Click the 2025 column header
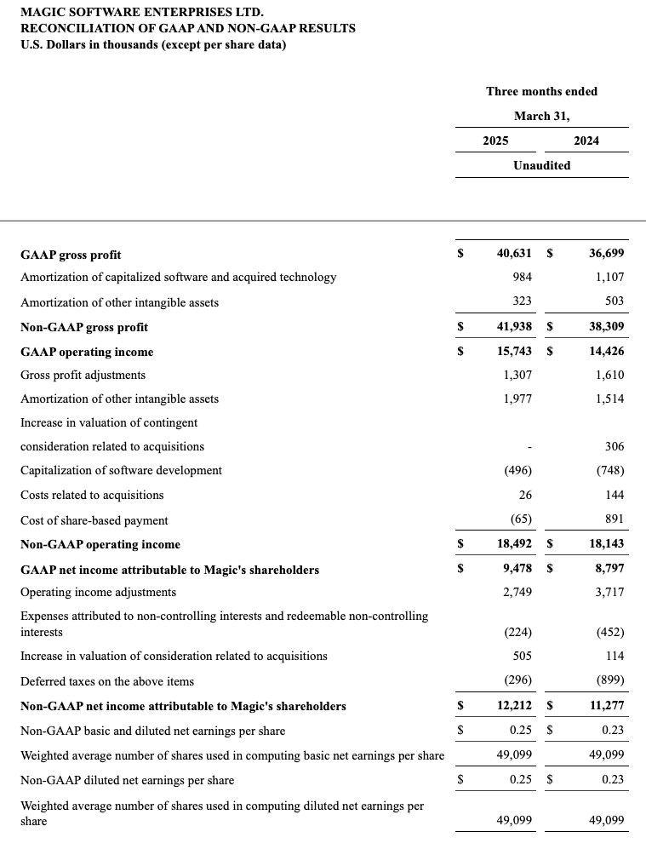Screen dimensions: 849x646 [495, 141]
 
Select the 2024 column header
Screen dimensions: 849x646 [586, 141]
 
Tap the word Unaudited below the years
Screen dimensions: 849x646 [541, 165]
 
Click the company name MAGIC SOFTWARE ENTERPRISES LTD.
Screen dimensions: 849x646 [142, 13]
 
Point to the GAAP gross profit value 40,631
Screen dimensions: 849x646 [514, 254]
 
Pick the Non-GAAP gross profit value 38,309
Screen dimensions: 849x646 [606, 326]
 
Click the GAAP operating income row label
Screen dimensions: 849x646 [87, 352]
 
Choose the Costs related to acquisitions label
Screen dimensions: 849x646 [92, 495]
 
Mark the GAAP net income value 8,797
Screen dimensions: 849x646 [609, 569]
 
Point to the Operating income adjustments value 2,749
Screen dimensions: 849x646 [517, 592]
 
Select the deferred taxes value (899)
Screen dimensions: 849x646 [609, 681]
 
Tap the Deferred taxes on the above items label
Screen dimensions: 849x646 [107, 681]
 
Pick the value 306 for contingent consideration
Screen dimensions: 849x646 [614, 446]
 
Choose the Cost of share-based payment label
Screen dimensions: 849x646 [94, 520]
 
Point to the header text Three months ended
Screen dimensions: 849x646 [541, 91]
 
